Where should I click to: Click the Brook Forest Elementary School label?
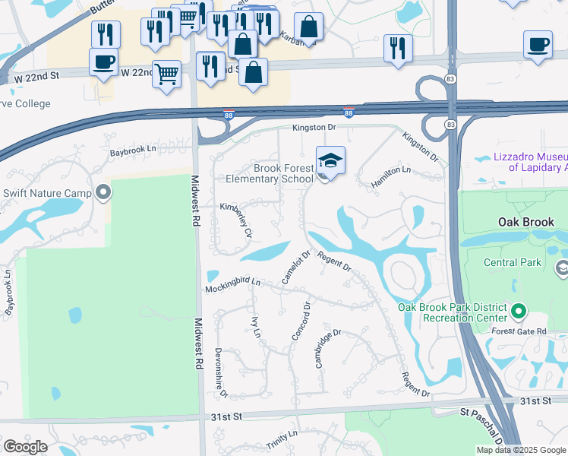click(x=270, y=173)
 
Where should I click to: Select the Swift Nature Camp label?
click(x=47, y=193)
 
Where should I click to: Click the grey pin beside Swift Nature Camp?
click(x=103, y=192)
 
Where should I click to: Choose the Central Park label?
click(x=513, y=263)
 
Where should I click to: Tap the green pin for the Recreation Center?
click(x=519, y=312)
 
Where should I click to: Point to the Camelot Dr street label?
click(x=296, y=268)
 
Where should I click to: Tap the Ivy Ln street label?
click(x=256, y=324)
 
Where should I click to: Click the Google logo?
click(x=26, y=447)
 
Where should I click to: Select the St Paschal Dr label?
click(x=481, y=420)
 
